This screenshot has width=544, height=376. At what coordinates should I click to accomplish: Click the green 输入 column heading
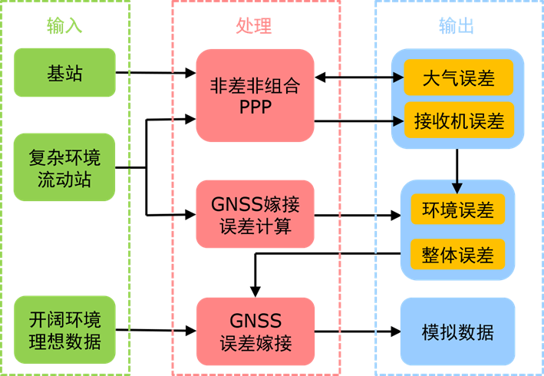64,27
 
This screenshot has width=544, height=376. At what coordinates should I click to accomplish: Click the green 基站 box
64,73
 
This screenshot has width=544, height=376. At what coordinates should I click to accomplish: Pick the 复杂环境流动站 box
64,167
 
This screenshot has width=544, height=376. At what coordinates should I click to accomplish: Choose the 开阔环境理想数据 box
64,330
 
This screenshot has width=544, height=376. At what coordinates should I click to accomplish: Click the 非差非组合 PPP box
255,96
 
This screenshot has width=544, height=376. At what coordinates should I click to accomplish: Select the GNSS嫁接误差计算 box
255,215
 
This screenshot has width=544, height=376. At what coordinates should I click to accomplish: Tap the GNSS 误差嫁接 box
255,331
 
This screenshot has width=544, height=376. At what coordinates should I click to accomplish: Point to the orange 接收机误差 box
459,120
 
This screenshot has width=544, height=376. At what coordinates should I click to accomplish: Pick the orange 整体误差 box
457,254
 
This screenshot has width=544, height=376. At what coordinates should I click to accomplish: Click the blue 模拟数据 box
457,331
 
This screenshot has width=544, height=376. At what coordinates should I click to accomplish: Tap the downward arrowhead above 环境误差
457,188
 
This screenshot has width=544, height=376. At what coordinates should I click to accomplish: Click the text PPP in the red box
255,107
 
